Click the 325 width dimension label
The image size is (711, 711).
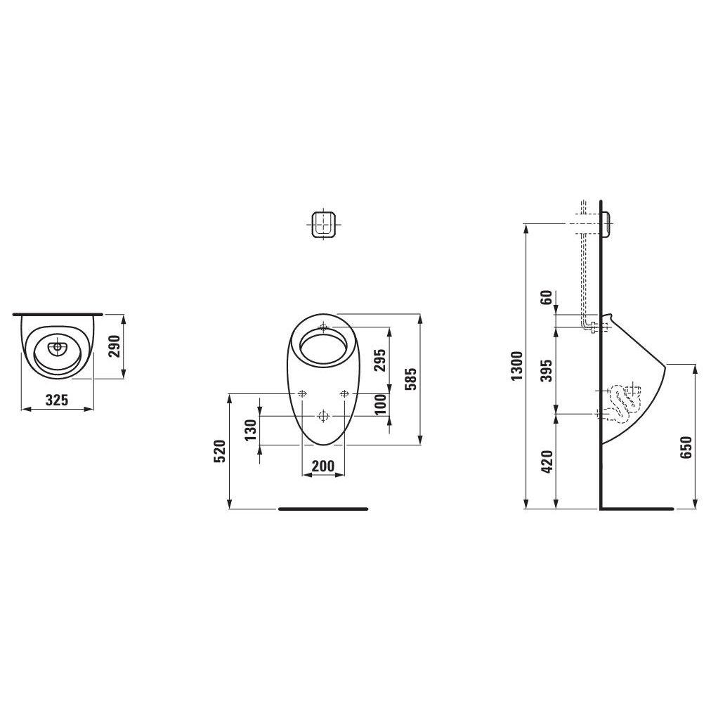click(x=57, y=400)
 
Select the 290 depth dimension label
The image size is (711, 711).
click(x=116, y=346)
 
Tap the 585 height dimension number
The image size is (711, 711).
click(x=410, y=379)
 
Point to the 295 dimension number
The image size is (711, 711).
click(x=379, y=360)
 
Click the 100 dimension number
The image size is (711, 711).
click(x=380, y=404)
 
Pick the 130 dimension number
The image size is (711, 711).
click(x=250, y=430)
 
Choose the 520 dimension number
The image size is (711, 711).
click(x=219, y=451)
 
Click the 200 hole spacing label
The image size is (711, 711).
click(x=323, y=466)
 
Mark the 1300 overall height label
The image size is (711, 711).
click(x=517, y=366)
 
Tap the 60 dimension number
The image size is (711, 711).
click(x=548, y=297)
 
